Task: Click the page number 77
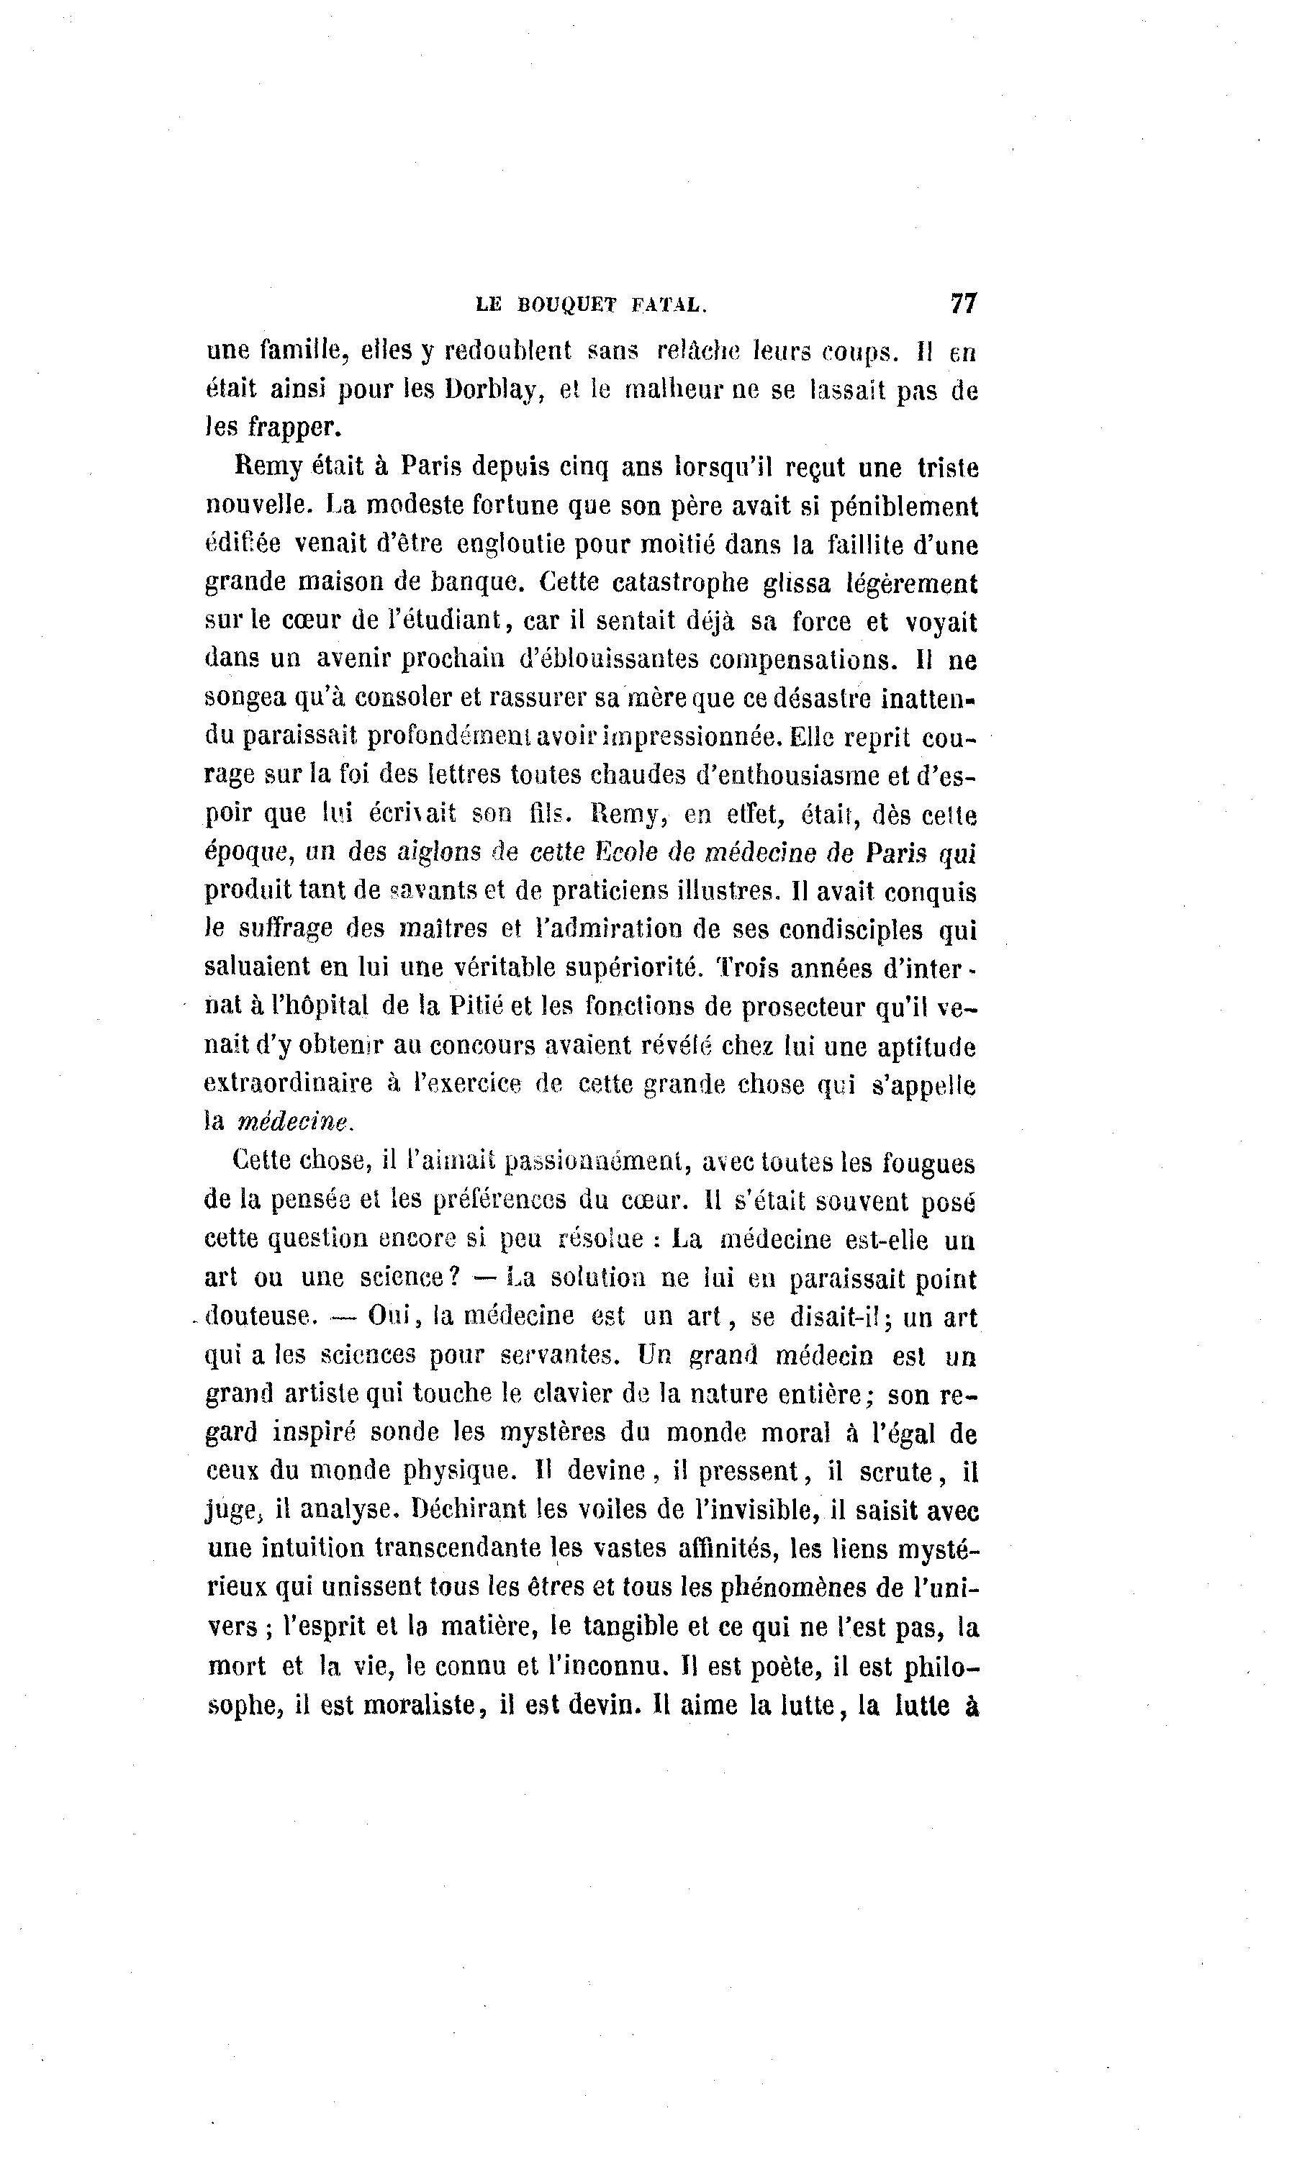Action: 962,304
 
